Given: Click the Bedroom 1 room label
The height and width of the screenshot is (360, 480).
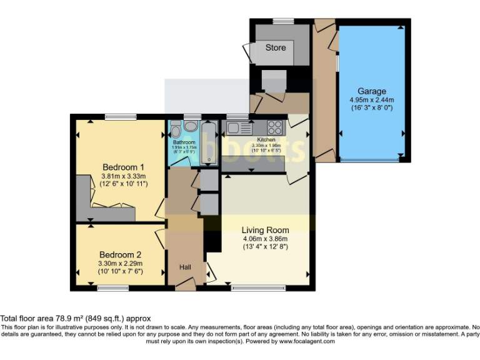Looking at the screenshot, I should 124,167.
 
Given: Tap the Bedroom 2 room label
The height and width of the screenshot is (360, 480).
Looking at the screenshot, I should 120,254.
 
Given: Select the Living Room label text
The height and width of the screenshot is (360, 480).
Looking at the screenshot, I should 266,230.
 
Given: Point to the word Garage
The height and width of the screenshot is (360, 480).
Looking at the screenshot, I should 371,91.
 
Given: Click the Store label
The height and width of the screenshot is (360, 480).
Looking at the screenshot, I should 275,47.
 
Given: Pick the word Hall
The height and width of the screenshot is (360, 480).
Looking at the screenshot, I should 186,267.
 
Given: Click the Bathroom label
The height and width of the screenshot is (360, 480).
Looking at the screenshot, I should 184,142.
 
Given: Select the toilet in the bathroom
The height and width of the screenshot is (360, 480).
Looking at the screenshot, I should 176,129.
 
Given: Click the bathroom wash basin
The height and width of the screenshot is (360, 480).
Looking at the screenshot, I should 191,126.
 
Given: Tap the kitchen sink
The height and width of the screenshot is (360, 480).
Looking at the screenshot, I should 237,128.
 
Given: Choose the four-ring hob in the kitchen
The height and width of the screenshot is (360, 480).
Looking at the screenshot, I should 276,127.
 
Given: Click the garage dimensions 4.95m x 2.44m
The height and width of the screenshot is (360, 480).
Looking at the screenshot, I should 371,99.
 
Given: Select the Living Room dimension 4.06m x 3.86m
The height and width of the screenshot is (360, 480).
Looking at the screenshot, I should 266,238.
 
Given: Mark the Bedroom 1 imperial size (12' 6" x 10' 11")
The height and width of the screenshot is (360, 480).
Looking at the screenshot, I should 124,184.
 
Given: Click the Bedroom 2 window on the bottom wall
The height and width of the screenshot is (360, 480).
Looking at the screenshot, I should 113,287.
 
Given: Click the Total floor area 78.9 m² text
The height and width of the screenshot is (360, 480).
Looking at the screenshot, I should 75,319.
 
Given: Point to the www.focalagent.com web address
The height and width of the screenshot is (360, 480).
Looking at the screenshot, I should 307,341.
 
